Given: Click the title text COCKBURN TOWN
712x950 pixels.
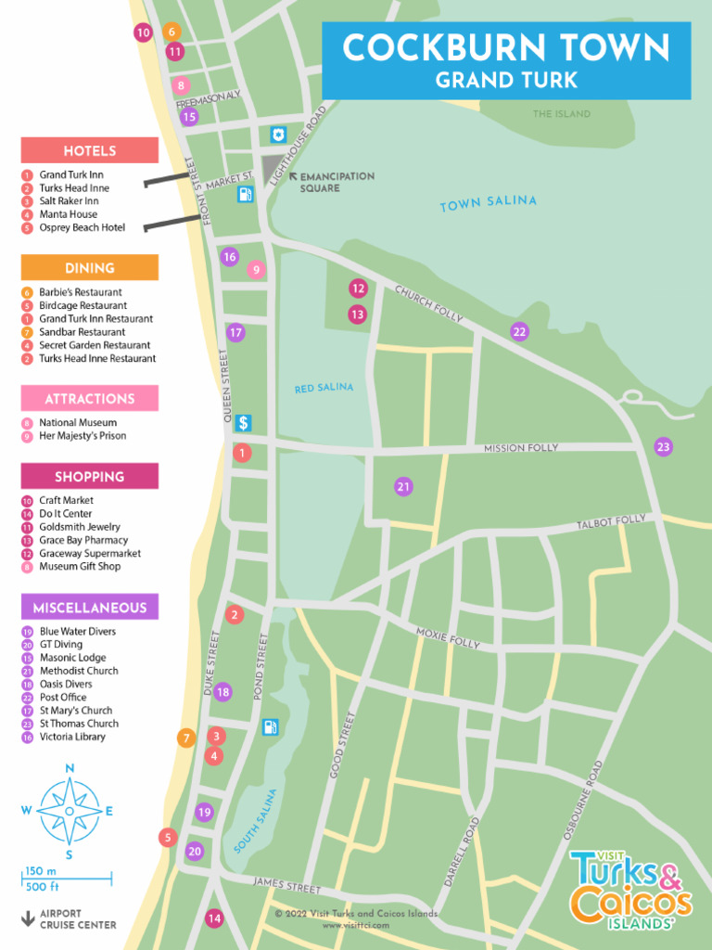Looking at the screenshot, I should pyautogui.click(x=505, y=47).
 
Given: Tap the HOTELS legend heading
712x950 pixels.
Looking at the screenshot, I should pyautogui.click(x=90, y=151).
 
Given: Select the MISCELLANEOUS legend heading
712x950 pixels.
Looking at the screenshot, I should pyautogui.click(x=90, y=608).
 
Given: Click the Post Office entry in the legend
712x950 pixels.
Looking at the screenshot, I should pyautogui.click(x=62, y=698).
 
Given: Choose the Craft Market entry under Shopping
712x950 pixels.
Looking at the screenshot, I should pyautogui.click(x=66, y=500).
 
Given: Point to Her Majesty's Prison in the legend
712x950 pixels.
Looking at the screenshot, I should pyautogui.click(x=83, y=436).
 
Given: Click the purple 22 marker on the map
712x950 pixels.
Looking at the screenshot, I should pyautogui.click(x=519, y=332).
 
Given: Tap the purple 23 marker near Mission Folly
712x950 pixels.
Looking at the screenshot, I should pyautogui.click(x=663, y=447).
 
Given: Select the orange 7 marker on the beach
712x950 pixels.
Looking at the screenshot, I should pyautogui.click(x=186, y=738).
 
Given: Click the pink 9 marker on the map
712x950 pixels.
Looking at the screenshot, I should pyautogui.click(x=257, y=270).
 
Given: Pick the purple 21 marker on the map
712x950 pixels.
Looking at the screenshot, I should pyautogui.click(x=403, y=486).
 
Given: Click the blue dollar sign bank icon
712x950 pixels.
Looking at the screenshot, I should pyautogui.click(x=243, y=423).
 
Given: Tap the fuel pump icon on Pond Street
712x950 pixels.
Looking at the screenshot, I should pyautogui.click(x=270, y=727).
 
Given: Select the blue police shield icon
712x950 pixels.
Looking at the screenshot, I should pyautogui.click(x=277, y=135).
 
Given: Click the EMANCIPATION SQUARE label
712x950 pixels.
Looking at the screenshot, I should pyautogui.click(x=337, y=182).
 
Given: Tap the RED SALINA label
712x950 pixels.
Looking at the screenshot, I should pyautogui.click(x=324, y=388).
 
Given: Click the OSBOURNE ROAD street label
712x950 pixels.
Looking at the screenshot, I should pyautogui.click(x=583, y=801).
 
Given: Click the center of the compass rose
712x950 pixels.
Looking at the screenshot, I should pyautogui.click(x=70, y=811).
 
